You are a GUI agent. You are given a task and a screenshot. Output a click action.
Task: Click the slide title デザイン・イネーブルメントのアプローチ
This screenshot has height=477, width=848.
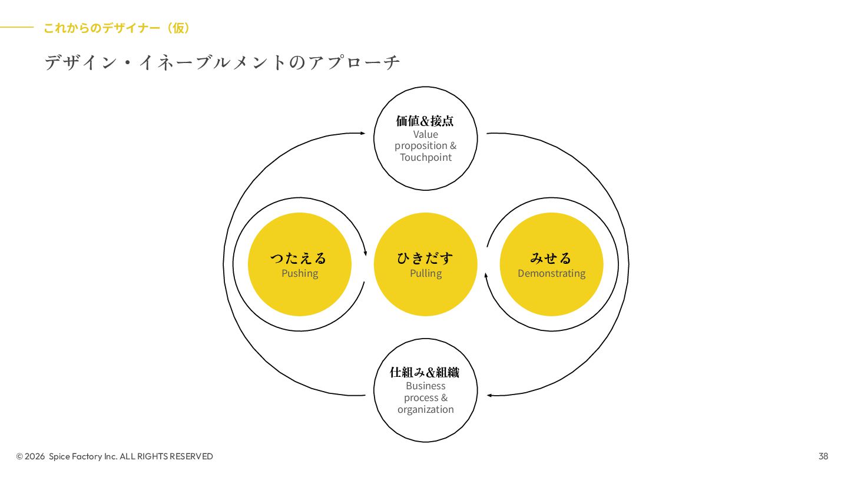pyautogui.click(x=222, y=62)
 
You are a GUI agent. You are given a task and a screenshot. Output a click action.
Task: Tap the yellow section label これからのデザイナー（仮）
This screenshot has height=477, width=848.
pyautogui.click(x=117, y=28)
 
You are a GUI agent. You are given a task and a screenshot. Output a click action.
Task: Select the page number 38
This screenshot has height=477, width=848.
pyautogui.click(x=823, y=456)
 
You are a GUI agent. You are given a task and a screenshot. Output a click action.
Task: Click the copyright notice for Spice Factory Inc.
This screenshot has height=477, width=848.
pyautogui.click(x=115, y=456)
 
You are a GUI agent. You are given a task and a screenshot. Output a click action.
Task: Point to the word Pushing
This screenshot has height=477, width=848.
pyautogui.click(x=300, y=273)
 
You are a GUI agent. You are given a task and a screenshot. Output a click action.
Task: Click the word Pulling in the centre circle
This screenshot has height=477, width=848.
pyautogui.click(x=426, y=273)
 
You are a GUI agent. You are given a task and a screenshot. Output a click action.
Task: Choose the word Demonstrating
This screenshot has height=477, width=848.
pyautogui.click(x=551, y=273)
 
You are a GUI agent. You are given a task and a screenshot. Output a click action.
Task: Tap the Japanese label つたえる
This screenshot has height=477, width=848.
pyautogui.click(x=299, y=258)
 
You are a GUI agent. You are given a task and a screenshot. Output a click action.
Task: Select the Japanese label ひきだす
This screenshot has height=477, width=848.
pyautogui.click(x=425, y=258)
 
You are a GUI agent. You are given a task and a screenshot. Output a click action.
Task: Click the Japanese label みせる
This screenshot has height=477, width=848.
pyautogui.click(x=551, y=258)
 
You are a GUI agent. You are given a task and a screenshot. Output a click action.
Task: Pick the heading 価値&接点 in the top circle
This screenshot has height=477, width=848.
pyautogui.click(x=425, y=121)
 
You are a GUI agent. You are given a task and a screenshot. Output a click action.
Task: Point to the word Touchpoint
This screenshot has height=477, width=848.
pyautogui.click(x=426, y=157)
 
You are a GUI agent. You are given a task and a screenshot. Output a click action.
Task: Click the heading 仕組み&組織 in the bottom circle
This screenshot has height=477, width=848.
pyautogui.click(x=425, y=372)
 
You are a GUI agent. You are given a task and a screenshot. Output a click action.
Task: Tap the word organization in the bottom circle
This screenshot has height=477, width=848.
pyautogui.click(x=425, y=409)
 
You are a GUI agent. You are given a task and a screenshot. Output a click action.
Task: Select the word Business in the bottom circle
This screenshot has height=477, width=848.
pyautogui.click(x=426, y=386)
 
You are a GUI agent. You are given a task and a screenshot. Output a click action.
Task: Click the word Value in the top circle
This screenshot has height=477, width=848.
pyautogui.click(x=426, y=134)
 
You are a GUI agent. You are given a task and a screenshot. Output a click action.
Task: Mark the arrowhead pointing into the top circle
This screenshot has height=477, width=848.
pyautogui.click(x=362, y=134)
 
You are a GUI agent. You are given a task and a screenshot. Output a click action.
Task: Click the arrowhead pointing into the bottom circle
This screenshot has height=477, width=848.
pyautogui.click(x=489, y=395)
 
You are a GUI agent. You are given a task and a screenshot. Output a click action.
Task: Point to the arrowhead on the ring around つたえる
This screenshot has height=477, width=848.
pyautogui.click(x=365, y=253)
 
